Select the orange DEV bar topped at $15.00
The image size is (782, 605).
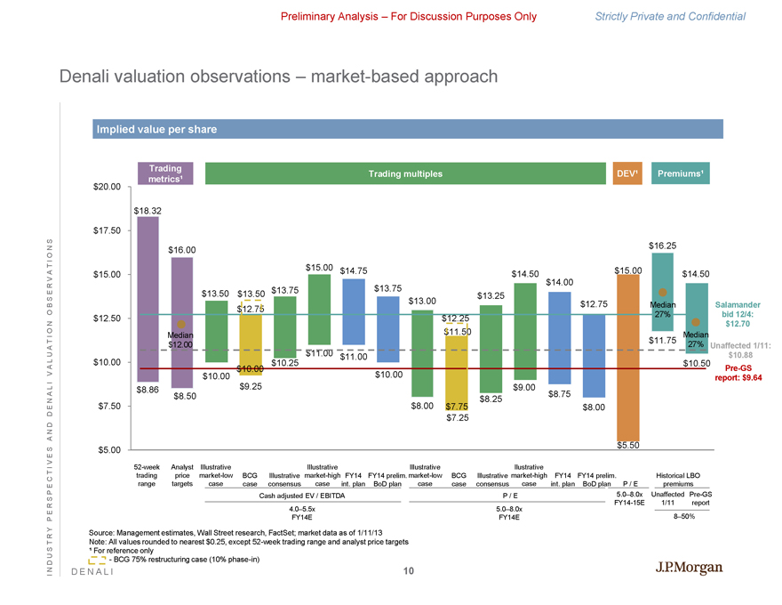[627, 356]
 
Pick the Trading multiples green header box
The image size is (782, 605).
[405, 173]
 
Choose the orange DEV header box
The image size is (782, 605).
[627, 173]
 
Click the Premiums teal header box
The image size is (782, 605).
[679, 173]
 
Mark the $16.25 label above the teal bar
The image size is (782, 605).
[663, 245]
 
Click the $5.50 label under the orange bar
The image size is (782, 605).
[627, 445]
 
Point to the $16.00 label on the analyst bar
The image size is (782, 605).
[182, 250]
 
